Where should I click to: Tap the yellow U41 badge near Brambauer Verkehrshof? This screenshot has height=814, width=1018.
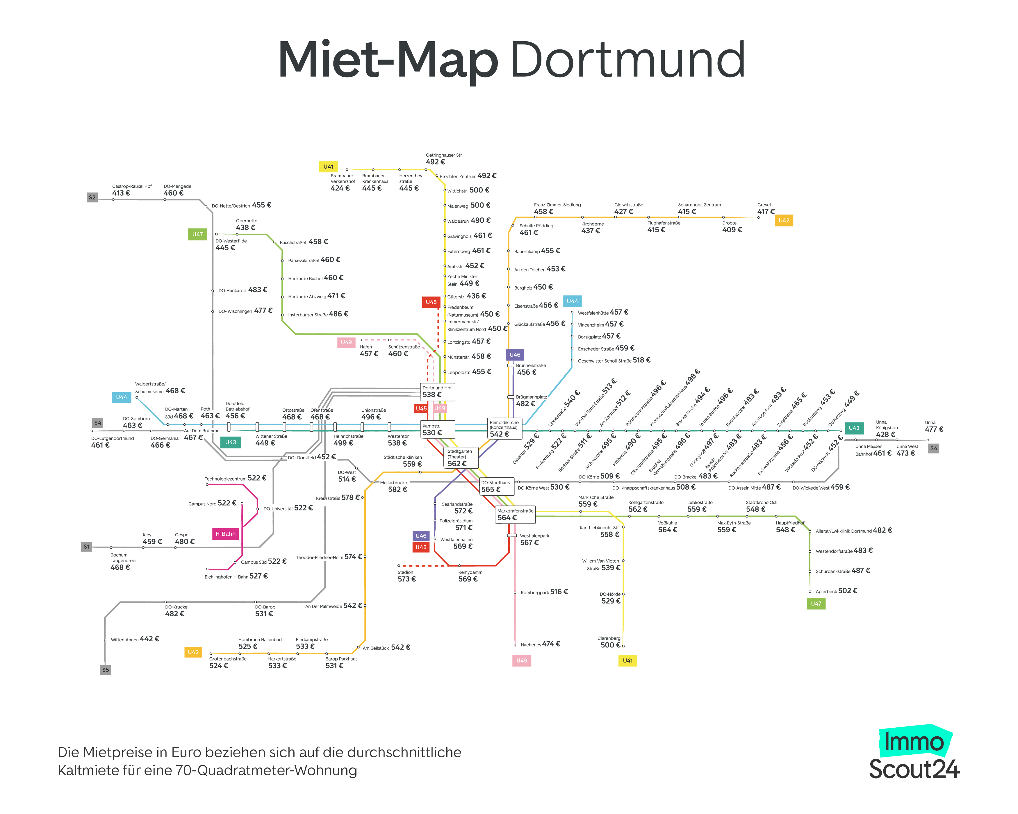[x=328, y=167]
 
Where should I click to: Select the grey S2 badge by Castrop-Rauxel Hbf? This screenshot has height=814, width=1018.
[x=92, y=197]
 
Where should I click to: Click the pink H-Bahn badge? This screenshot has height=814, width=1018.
[x=225, y=534]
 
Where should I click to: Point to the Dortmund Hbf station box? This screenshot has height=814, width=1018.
[x=438, y=391]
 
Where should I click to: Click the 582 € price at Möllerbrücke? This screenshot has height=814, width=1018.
[x=397, y=490]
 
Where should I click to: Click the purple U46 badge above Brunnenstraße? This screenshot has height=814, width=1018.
[x=515, y=355]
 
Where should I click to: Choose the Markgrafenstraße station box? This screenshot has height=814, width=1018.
[x=515, y=515]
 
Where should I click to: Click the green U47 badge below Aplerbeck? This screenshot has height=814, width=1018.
[x=816, y=604]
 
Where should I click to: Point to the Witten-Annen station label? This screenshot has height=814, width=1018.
[x=125, y=640]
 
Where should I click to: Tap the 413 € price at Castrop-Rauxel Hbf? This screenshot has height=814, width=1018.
[x=121, y=193]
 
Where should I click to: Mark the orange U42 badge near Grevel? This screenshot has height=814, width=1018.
[x=784, y=220]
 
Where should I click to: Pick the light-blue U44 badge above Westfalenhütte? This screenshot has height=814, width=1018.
[x=572, y=301]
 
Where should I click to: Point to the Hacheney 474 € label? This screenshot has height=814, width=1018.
[x=540, y=645]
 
